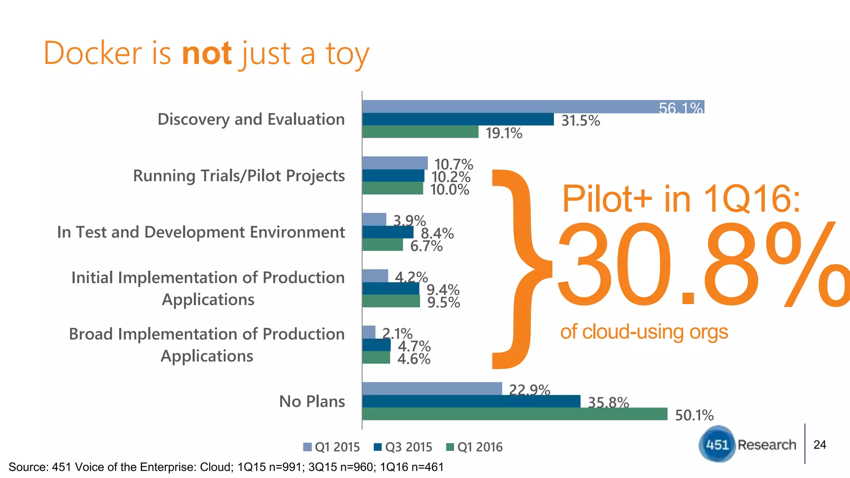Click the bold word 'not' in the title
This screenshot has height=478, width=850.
pyautogui.click(x=207, y=54)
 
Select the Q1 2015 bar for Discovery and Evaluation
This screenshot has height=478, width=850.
pyautogui.click(x=533, y=107)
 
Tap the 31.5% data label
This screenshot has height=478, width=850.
pyautogui.click(x=580, y=121)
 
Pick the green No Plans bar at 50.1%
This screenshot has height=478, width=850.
pyautogui.click(x=515, y=414)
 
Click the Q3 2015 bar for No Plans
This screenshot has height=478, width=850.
pyautogui.click(x=471, y=401)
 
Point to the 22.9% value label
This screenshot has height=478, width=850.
pyautogui.click(x=529, y=390)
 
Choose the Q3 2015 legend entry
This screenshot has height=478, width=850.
pyautogui.click(x=403, y=447)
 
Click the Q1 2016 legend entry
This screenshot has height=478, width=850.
pyautogui.click(x=474, y=447)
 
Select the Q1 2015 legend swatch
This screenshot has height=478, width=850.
pyautogui.click(x=308, y=447)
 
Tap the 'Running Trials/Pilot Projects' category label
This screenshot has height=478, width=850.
pyautogui.click(x=239, y=176)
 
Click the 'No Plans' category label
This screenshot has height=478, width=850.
pyautogui.click(x=312, y=401)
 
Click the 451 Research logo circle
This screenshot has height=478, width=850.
pyautogui.click(x=717, y=444)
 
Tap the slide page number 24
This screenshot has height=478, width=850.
pyautogui.click(x=820, y=444)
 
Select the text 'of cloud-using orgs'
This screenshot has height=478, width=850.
pyautogui.click(x=644, y=332)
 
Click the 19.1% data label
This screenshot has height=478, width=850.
pyautogui.click(x=504, y=133)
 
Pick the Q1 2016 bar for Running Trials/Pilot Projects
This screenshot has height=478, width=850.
pyautogui.click(x=393, y=188)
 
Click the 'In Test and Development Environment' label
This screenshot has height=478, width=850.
pyautogui.click(x=201, y=232)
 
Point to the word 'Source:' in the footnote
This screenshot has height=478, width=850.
pyautogui.click(x=28, y=467)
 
